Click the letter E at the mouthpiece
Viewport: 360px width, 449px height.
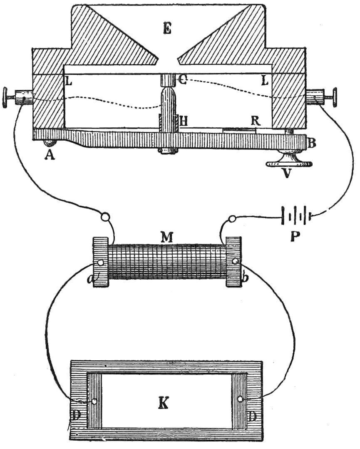click(169, 29)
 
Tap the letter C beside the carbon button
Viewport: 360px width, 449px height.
click(183, 79)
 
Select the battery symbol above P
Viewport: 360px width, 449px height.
click(297, 216)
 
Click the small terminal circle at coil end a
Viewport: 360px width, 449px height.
click(101, 263)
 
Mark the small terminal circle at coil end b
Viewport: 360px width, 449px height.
click(235, 261)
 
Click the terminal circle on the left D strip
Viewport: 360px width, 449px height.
click(95, 402)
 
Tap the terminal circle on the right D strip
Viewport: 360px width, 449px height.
click(240, 399)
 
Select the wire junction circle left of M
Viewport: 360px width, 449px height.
click(106, 217)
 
